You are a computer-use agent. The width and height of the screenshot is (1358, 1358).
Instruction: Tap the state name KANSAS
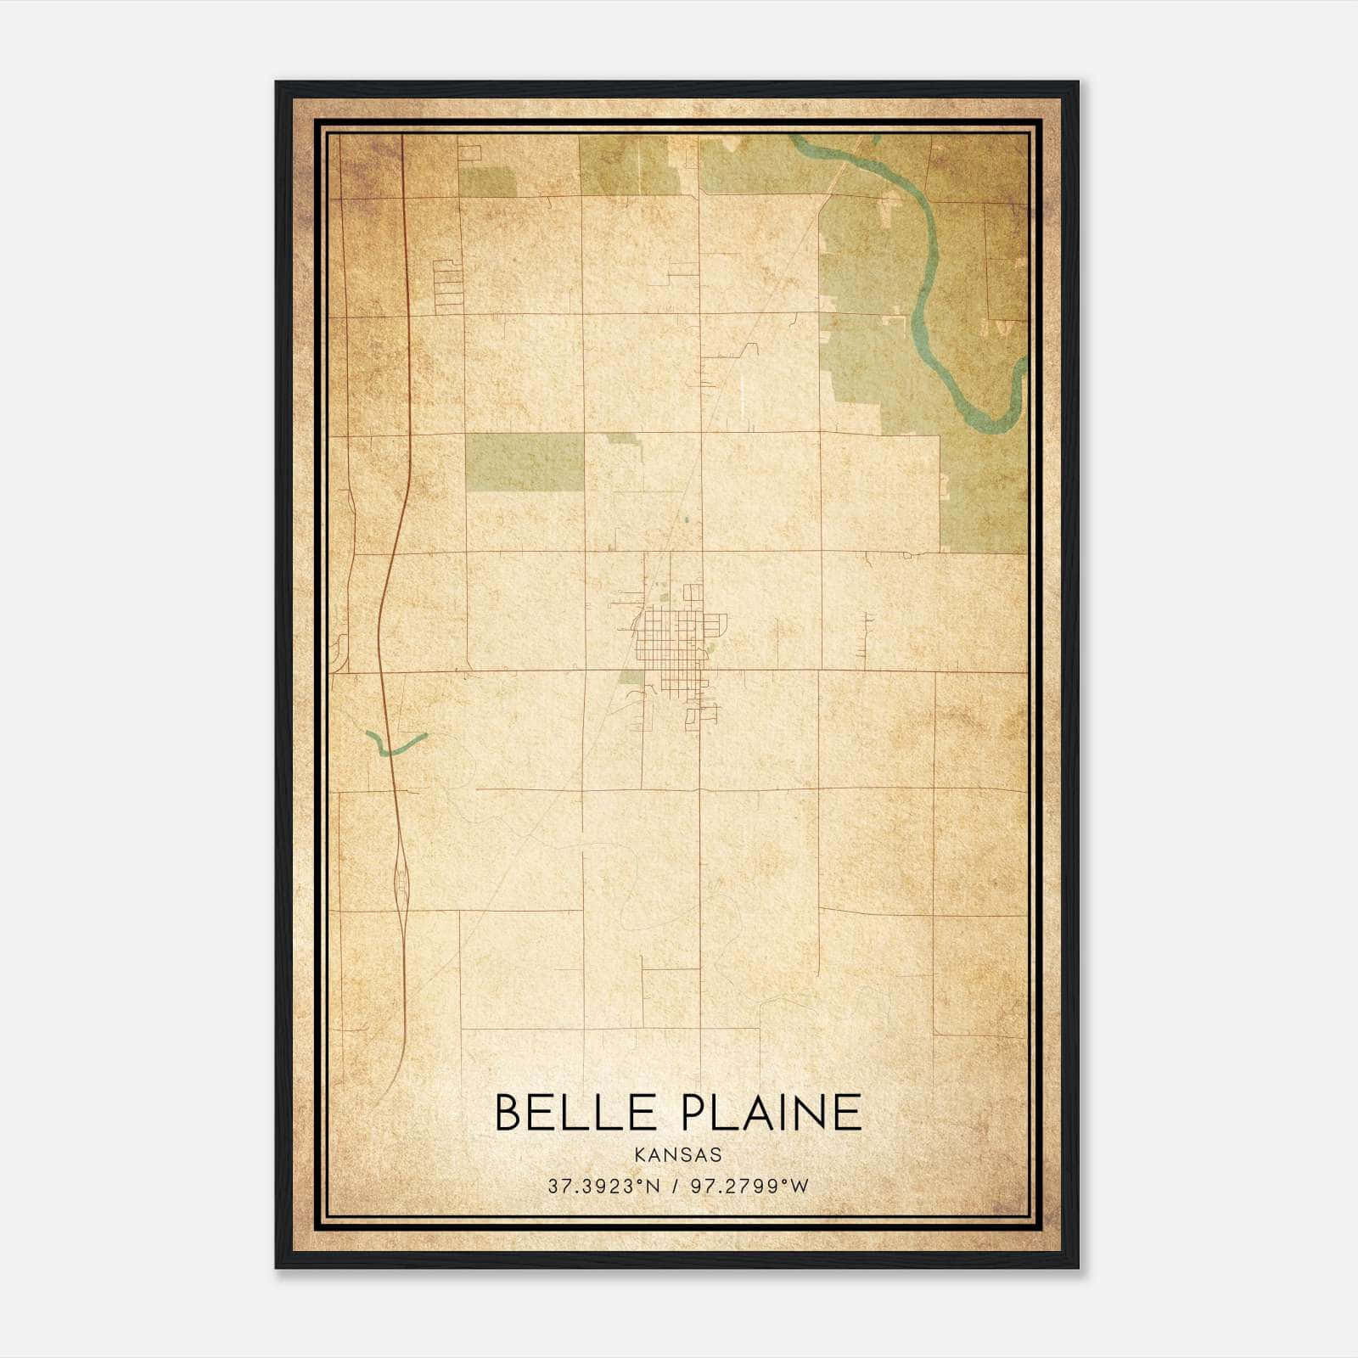click(x=678, y=1155)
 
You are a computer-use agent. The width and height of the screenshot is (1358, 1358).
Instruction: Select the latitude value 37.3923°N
click(x=603, y=1187)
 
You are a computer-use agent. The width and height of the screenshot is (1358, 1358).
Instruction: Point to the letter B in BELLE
click(x=508, y=1113)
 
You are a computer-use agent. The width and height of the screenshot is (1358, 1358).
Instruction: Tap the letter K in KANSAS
click(x=639, y=1155)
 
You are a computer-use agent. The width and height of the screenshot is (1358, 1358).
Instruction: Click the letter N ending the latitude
click(x=653, y=1187)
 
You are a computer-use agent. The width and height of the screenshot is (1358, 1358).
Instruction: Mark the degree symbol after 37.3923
click(x=642, y=1182)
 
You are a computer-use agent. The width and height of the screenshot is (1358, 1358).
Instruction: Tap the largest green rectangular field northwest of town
click(x=525, y=463)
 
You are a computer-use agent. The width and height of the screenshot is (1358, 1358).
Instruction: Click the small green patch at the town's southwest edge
click(x=631, y=677)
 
